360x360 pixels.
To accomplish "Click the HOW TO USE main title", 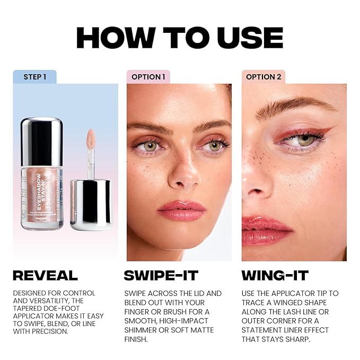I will pos(180,37).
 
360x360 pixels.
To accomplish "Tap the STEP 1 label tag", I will pos(34,77).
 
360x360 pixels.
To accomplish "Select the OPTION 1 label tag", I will pos(148,77).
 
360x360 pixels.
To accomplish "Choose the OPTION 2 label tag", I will pos(264,77).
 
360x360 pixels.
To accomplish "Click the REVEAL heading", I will pos(45,275).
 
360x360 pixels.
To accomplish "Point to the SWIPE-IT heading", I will pos(161,275).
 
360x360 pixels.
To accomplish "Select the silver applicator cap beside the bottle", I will pos(91,204).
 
